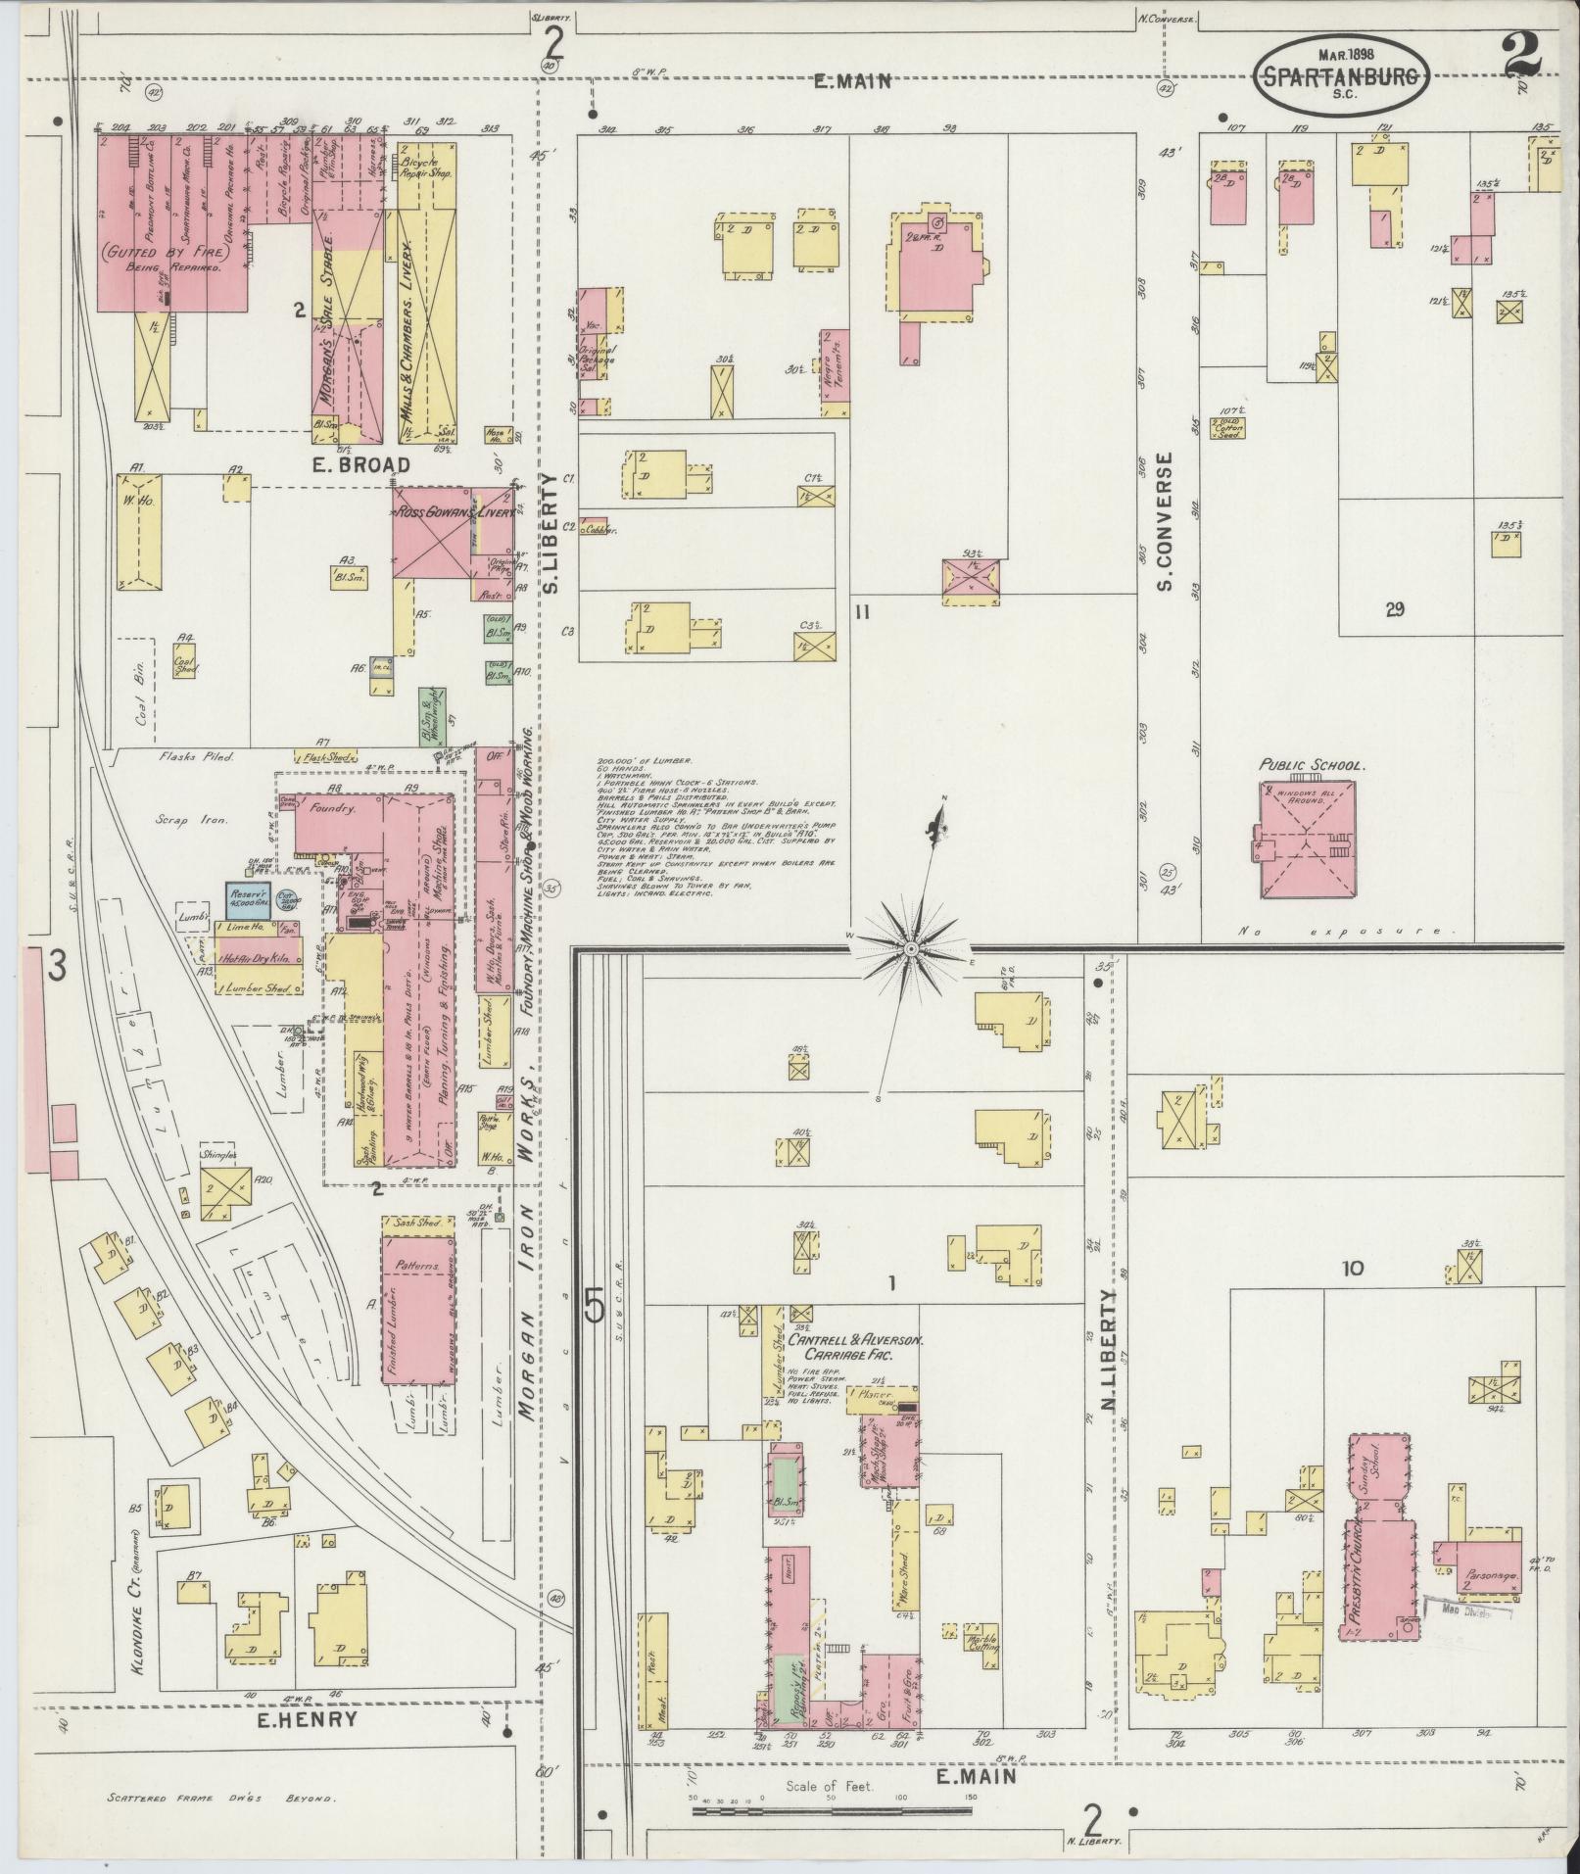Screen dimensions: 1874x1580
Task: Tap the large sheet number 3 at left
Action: pyautogui.click(x=56, y=968)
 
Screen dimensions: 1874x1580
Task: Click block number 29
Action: pyautogui.click(x=1395, y=608)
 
